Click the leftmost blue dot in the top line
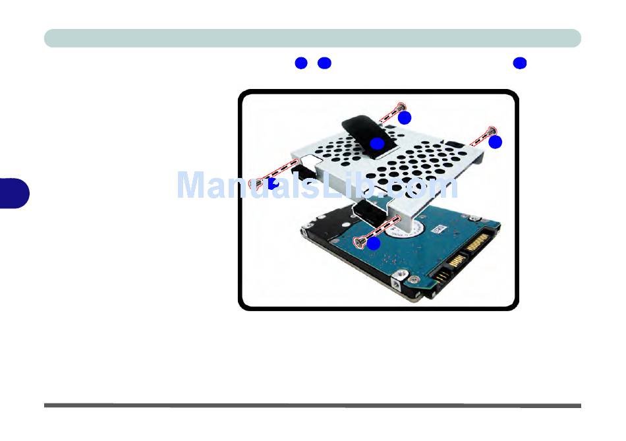302,63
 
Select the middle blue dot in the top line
324,63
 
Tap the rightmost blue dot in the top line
520,63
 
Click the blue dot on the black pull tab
376,144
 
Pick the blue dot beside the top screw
405,118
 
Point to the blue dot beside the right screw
496,142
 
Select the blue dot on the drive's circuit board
374,243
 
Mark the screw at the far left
259,182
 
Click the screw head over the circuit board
360,242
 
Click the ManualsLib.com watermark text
316,186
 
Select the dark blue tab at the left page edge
15,192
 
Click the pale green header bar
312,38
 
